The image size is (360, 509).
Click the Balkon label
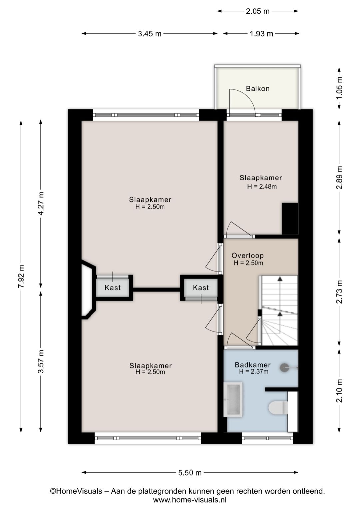pyautogui.click(x=258, y=89)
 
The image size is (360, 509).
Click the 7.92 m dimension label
pyautogui.click(x=21, y=276)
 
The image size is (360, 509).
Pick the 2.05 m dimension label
pyautogui.click(x=258, y=11)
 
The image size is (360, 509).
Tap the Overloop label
pyautogui.click(x=248, y=256)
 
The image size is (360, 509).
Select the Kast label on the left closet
pyautogui.click(x=112, y=288)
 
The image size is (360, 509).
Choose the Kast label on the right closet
pyautogui.click(x=201, y=288)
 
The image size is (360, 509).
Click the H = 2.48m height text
pyautogui.click(x=262, y=186)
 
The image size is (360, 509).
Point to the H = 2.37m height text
pyautogui.click(x=254, y=372)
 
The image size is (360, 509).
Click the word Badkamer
pyautogui.click(x=253, y=365)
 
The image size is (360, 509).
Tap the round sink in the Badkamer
pyautogui.click(x=284, y=368)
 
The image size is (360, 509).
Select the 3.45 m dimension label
pyautogui.click(x=150, y=34)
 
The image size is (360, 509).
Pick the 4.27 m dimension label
pyautogui.click(x=41, y=203)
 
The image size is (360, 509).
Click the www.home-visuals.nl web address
pyautogui.click(x=190, y=500)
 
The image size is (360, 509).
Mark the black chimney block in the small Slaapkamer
pyautogui.click(x=290, y=218)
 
